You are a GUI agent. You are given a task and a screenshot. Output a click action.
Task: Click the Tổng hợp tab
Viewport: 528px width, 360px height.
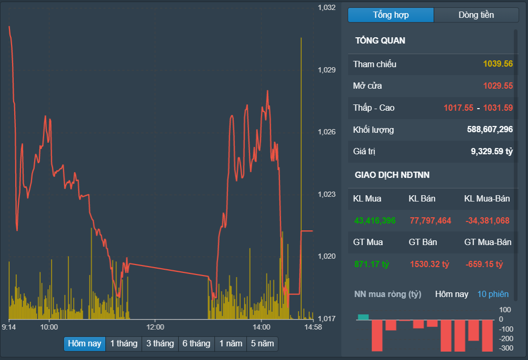click(391, 15)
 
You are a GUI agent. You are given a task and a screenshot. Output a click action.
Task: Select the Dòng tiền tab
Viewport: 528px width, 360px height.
click(476, 15)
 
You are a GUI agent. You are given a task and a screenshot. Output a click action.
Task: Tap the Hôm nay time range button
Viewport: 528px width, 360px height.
click(84, 344)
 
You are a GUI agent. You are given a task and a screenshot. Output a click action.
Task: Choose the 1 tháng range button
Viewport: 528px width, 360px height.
click(124, 344)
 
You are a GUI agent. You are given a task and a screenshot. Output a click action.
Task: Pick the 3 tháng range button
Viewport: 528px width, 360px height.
click(160, 344)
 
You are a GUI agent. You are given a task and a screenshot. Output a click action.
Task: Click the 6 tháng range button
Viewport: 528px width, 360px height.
click(197, 344)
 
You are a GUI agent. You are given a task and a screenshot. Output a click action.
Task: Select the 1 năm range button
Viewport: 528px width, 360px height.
click(231, 344)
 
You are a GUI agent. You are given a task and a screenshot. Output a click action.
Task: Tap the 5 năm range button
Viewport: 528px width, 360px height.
click(262, 344)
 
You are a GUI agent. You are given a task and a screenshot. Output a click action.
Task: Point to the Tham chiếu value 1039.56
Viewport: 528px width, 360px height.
click(498, 64)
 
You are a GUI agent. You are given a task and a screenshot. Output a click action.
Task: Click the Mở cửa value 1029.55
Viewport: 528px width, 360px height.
click(498, 86)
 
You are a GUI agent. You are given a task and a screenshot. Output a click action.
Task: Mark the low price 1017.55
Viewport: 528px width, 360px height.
click(459, 108)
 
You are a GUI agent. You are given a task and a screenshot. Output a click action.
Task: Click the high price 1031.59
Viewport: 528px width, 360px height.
click(498, 108)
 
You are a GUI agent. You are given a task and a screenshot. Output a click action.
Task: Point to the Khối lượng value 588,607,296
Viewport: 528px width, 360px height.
click(490, 130)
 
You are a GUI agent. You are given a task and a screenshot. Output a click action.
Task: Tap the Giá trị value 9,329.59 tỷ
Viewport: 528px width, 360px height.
click(492, 152)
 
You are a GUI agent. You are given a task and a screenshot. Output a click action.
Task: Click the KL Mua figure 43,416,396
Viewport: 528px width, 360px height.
click(375, 221)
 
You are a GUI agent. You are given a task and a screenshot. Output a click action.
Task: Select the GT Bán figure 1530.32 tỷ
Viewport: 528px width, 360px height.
click(429, 264)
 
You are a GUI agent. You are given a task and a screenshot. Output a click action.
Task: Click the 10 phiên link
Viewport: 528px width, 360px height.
click(493, 294)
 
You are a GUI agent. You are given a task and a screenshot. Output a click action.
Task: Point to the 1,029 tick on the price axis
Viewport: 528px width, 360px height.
click(327, 70)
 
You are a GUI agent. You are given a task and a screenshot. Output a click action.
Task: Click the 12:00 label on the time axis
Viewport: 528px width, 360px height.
click(155, 327)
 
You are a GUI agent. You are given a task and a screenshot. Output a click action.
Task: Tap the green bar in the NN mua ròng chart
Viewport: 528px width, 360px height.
click(363, 317)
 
